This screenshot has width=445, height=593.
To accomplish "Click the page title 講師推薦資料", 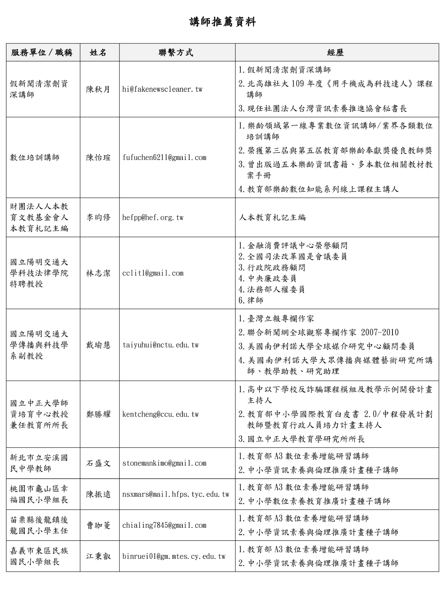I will tap(222, 22).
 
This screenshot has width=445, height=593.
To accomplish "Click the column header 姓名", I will tap(99, 53).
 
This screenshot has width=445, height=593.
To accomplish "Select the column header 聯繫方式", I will tap(176, 53).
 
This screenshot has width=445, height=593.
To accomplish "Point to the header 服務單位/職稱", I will tap(42, 53).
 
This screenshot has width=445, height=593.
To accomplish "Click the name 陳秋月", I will tap(99, 89).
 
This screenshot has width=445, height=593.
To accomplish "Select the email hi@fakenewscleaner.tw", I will tap(162, 89).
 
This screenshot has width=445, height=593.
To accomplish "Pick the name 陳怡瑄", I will tap(99, 158).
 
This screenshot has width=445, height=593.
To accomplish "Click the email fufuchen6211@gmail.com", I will tap(164, 158).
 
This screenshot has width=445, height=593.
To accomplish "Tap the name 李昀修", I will tap(99, 217).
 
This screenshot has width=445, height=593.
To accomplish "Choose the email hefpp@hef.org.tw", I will tap(153, 217).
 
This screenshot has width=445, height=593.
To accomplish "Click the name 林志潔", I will tap(99, 273).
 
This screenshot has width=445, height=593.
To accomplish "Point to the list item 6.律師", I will tap(251, 300).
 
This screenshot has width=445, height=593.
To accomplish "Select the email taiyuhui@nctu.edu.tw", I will tap(160, 345).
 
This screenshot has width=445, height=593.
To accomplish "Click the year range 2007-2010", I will tap(380, 333).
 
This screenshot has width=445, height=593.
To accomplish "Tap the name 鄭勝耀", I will tap(99, 414).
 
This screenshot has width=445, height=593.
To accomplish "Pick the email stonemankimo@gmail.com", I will tap(164, 463).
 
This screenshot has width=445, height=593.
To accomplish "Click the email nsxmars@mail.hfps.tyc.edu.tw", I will tap(176, 494).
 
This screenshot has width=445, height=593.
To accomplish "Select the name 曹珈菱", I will tap(99, 525).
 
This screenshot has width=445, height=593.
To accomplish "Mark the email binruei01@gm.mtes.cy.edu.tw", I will tap(174, 557).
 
